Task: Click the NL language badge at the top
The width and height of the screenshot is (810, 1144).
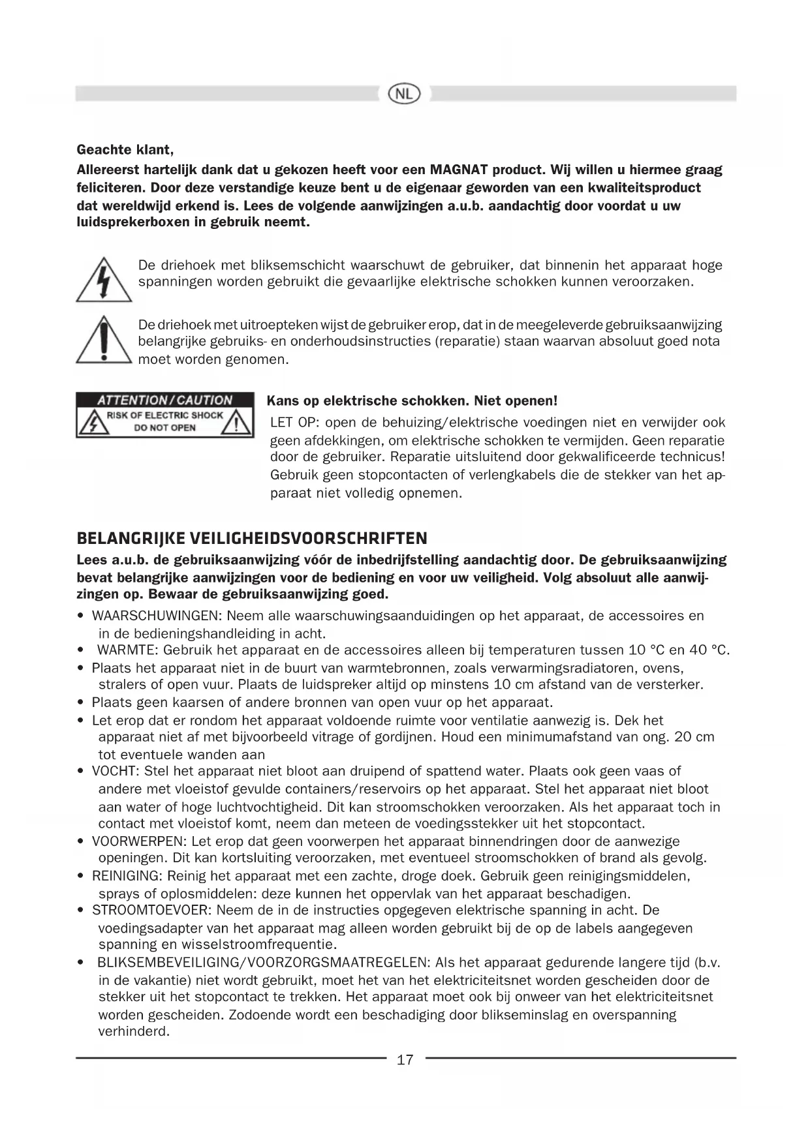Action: point(405,94)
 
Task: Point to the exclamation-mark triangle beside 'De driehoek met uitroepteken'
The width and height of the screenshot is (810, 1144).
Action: point(104,340)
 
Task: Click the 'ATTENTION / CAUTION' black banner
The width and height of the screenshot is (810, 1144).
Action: point(164,400)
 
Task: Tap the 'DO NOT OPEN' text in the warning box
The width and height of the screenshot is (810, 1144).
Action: point(164,428)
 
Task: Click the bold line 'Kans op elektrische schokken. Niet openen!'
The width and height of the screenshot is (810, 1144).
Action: point(412,400)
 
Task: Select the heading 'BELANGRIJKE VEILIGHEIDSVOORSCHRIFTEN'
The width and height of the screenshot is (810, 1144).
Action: point(252,539)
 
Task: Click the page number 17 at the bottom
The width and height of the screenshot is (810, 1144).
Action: point(405,1060)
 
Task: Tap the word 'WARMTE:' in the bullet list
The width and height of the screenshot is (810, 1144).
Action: point(128,650)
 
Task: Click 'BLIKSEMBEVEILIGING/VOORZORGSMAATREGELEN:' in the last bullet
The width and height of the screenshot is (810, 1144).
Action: point(263,963)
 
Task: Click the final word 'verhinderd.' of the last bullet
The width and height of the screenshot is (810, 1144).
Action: point(134,1032)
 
